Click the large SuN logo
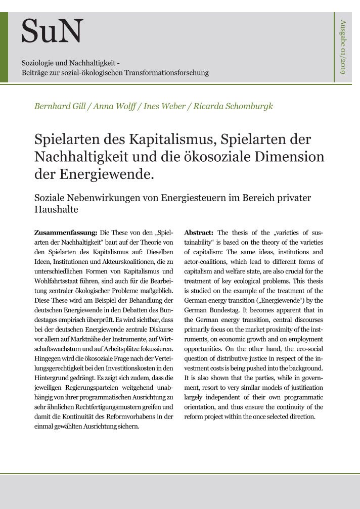tap(52, 31)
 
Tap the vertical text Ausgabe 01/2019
tap(343, 47)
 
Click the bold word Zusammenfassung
tap(65, 233)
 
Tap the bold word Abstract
tap(200, 233)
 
